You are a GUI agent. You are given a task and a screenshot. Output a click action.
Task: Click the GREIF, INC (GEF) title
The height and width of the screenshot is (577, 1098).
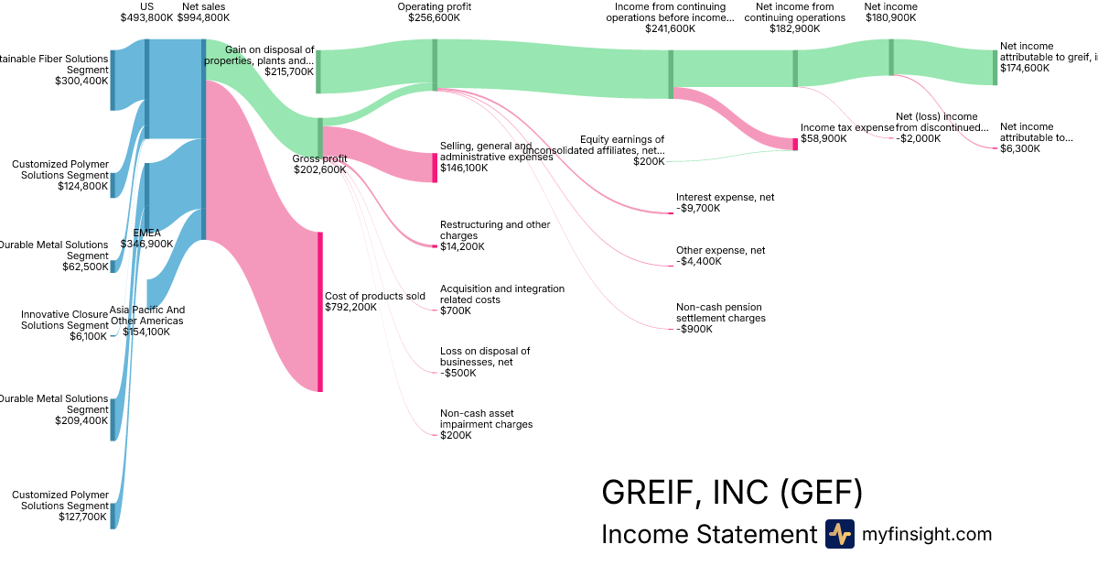tap(731, 493)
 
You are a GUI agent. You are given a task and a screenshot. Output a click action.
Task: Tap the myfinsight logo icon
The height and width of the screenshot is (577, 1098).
tap(839, 534)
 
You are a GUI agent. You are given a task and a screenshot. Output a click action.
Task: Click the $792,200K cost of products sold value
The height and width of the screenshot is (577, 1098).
tap(350, 307)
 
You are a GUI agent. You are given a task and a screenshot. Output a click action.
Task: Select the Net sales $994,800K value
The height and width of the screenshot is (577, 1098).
tap(203, 17)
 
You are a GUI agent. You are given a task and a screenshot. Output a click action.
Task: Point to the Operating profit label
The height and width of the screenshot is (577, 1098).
tap(434, 6)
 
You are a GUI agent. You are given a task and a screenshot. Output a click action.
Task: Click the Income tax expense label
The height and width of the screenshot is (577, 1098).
tap(847, 127)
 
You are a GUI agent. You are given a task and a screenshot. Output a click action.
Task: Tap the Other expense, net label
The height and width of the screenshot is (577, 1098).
tap(720, 250)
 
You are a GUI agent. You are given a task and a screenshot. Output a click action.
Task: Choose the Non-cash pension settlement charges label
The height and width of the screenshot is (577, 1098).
tap(720, 312)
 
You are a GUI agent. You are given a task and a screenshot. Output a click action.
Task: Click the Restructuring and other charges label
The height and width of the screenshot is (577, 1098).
tap(495, 230)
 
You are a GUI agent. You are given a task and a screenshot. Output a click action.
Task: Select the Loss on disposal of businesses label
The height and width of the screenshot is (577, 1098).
tap(485, 356)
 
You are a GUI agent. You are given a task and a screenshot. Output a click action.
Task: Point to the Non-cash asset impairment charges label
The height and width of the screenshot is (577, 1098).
tap(486, 419)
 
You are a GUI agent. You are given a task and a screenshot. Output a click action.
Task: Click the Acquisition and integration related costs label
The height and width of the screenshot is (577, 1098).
tap(502, 294)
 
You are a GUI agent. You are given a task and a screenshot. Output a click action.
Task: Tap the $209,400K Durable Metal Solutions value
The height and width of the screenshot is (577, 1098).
tap(81, 421)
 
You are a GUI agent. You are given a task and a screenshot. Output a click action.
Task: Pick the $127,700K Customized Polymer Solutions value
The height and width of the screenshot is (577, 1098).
tap(81, 517)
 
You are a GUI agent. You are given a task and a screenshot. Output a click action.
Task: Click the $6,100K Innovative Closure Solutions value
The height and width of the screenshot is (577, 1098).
tap(88, 336)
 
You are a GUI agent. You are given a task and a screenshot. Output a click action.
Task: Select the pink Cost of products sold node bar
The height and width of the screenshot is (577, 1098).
tap(320, 311)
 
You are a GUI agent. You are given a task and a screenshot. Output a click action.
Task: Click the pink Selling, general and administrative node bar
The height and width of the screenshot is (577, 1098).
tap(435, 168)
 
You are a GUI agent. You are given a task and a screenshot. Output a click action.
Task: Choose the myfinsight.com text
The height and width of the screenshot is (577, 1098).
tap(927, 534)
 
